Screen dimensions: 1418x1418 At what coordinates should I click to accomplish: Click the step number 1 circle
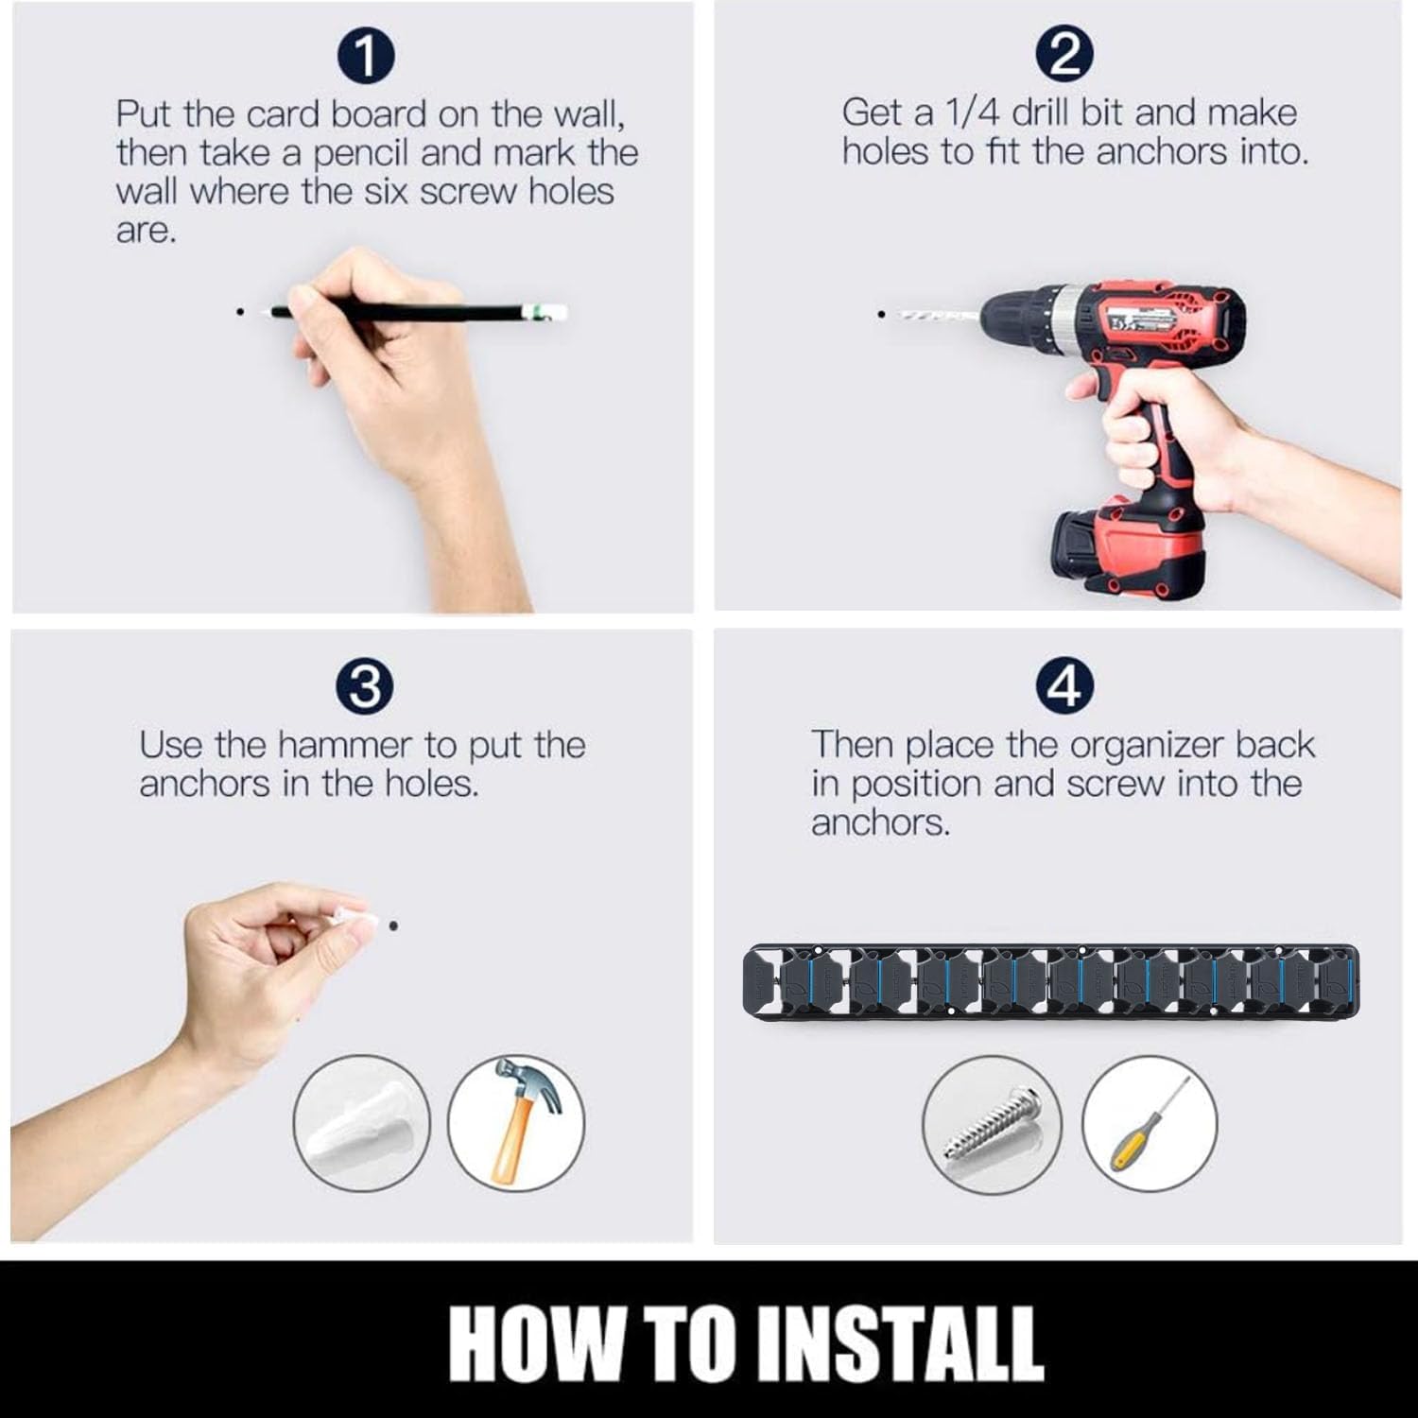(x=366, y=57)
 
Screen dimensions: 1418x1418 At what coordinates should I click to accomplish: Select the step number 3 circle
(x=366, y=687)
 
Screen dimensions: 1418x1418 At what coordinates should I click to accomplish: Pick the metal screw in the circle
(x=993, y=1126)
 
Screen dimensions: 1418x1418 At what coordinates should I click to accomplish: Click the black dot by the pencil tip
(x=241, y=310)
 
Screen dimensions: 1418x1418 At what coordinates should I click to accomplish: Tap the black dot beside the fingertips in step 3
(x=392, y=925)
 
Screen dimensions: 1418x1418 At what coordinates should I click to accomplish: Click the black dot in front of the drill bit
(x=881, y=313)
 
